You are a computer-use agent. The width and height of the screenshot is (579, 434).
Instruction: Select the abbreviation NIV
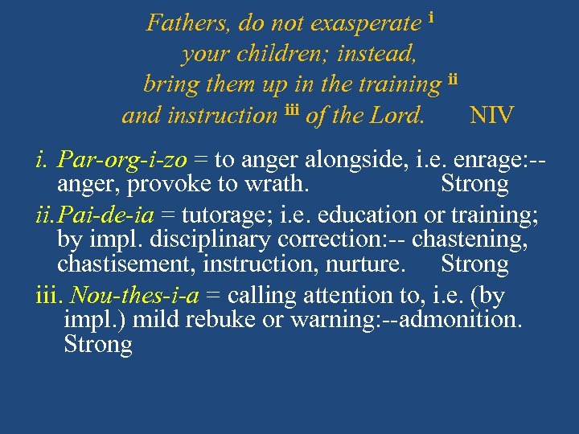pos(491,115)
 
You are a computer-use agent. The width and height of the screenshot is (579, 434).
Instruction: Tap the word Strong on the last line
pos(97,346)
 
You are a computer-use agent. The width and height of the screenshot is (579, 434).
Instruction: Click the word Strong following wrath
pos(474,184)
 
